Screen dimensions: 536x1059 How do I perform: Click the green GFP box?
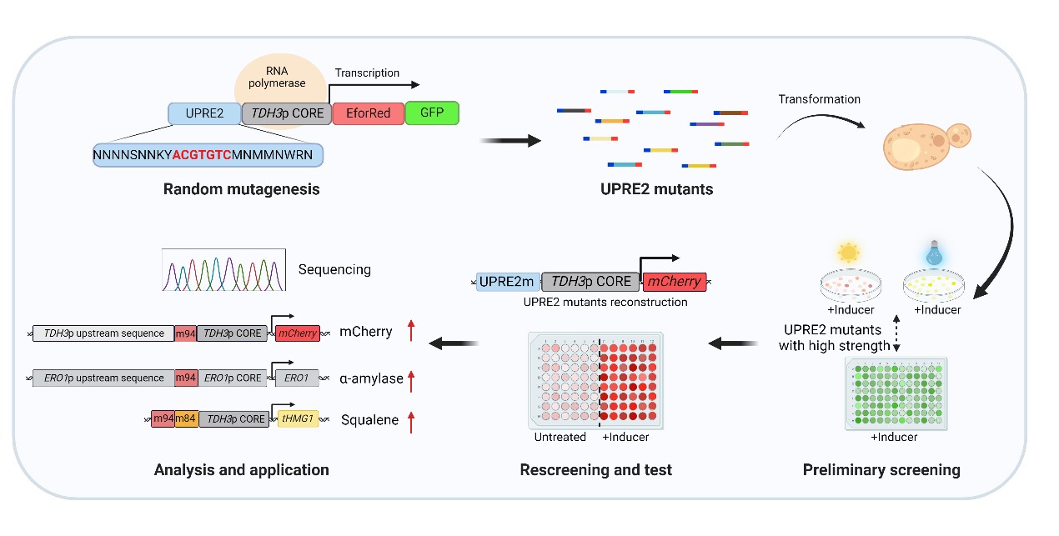coord(432,113)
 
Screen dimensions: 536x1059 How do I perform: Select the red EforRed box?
coord(368,113)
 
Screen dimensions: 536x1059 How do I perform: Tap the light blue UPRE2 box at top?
coord(203,113)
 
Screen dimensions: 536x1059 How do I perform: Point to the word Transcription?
coord(367,73)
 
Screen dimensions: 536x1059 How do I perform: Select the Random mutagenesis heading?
coord(241,189)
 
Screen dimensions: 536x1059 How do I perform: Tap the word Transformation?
coord(819,99)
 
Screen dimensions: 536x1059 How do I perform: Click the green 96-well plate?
coord(896,392)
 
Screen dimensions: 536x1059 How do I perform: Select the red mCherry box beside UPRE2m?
coord(673,282)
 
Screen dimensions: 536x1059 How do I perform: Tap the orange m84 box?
coord(186,419)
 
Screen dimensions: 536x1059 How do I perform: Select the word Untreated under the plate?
coord(560,437)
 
